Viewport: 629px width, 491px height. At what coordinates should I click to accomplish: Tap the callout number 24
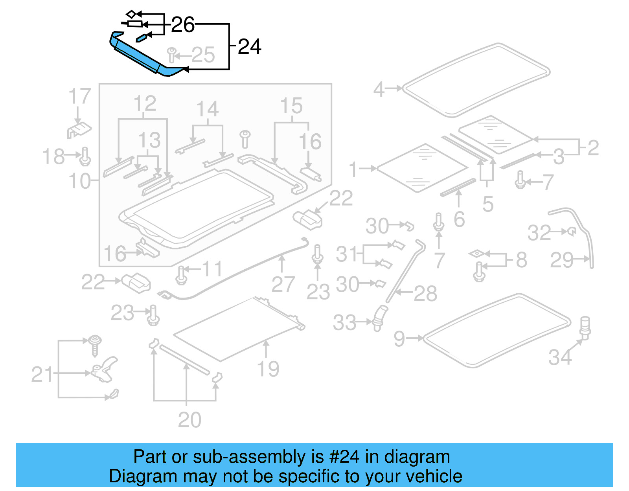250,47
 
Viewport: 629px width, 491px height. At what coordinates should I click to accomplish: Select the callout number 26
183,25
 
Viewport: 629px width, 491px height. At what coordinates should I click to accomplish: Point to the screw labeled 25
172,55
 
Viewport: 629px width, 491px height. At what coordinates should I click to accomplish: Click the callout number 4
379,89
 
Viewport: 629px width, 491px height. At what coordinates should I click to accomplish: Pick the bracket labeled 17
80,130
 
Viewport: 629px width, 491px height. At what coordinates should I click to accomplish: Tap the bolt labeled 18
85,156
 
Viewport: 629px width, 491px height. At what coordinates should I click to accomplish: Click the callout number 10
79,181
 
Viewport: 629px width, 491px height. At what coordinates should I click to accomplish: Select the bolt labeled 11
181,274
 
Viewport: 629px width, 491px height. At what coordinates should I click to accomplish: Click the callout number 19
268,369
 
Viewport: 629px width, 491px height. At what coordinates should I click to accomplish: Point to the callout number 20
189,420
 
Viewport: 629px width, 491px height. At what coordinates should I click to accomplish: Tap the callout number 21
42,374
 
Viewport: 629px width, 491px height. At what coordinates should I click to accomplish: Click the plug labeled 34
585,327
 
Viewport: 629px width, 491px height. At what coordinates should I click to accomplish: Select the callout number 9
399,338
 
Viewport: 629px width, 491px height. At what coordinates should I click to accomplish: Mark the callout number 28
425,294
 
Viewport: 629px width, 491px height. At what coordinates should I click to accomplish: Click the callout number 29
562,260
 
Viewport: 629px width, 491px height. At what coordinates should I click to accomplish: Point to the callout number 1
353,169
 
